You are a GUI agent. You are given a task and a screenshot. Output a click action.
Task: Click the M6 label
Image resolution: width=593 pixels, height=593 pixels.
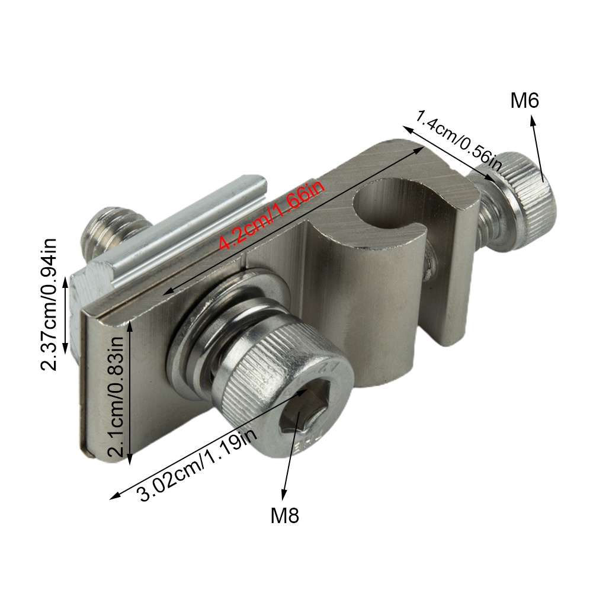tap(524, 101)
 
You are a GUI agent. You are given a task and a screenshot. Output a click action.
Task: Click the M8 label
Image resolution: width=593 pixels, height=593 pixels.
tap(285, 515)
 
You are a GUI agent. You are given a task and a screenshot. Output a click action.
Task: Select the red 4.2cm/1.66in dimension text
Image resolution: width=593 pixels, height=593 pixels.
tap(271, 215)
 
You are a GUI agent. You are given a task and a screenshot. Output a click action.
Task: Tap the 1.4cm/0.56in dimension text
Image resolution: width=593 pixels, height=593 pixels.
tap(459, 140)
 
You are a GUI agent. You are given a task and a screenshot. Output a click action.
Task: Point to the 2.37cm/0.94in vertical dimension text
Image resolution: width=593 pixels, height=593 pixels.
tap(49, 304)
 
